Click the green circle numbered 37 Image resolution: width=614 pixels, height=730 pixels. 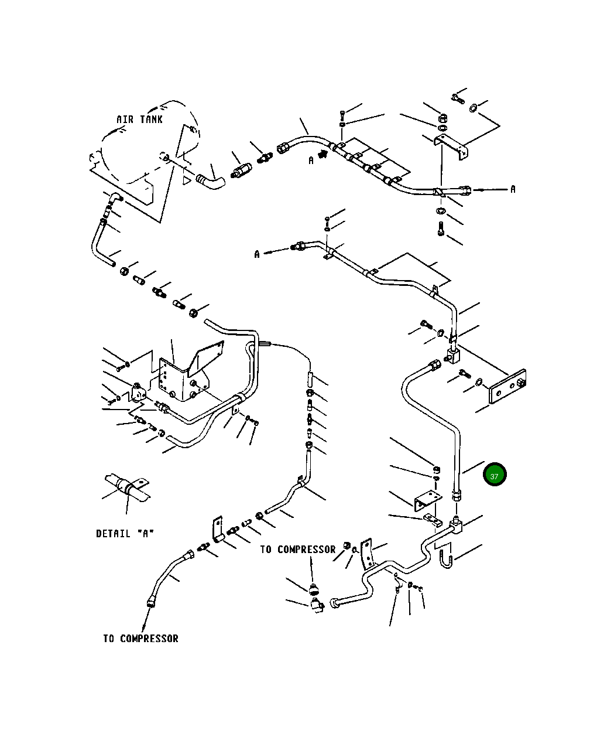pyautogui.click(x=495, y=475)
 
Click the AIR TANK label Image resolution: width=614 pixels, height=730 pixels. pyautogui.click(x=139, y=120)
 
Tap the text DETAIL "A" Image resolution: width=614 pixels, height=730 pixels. pyautogui.click(x=125, y=534)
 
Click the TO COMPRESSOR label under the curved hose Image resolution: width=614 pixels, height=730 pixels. pyautogui.click(x=140, y=639)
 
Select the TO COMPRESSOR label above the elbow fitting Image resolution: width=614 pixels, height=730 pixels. pyautogui.click(x=298, y=550)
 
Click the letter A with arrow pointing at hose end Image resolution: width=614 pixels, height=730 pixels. pyautogui.click(x=513, y=189)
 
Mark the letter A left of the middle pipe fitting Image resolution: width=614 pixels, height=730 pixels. pyautogui.click(x=257, y=254)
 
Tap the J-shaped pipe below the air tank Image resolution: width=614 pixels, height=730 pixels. pyautogui.click(x=99, y=240)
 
